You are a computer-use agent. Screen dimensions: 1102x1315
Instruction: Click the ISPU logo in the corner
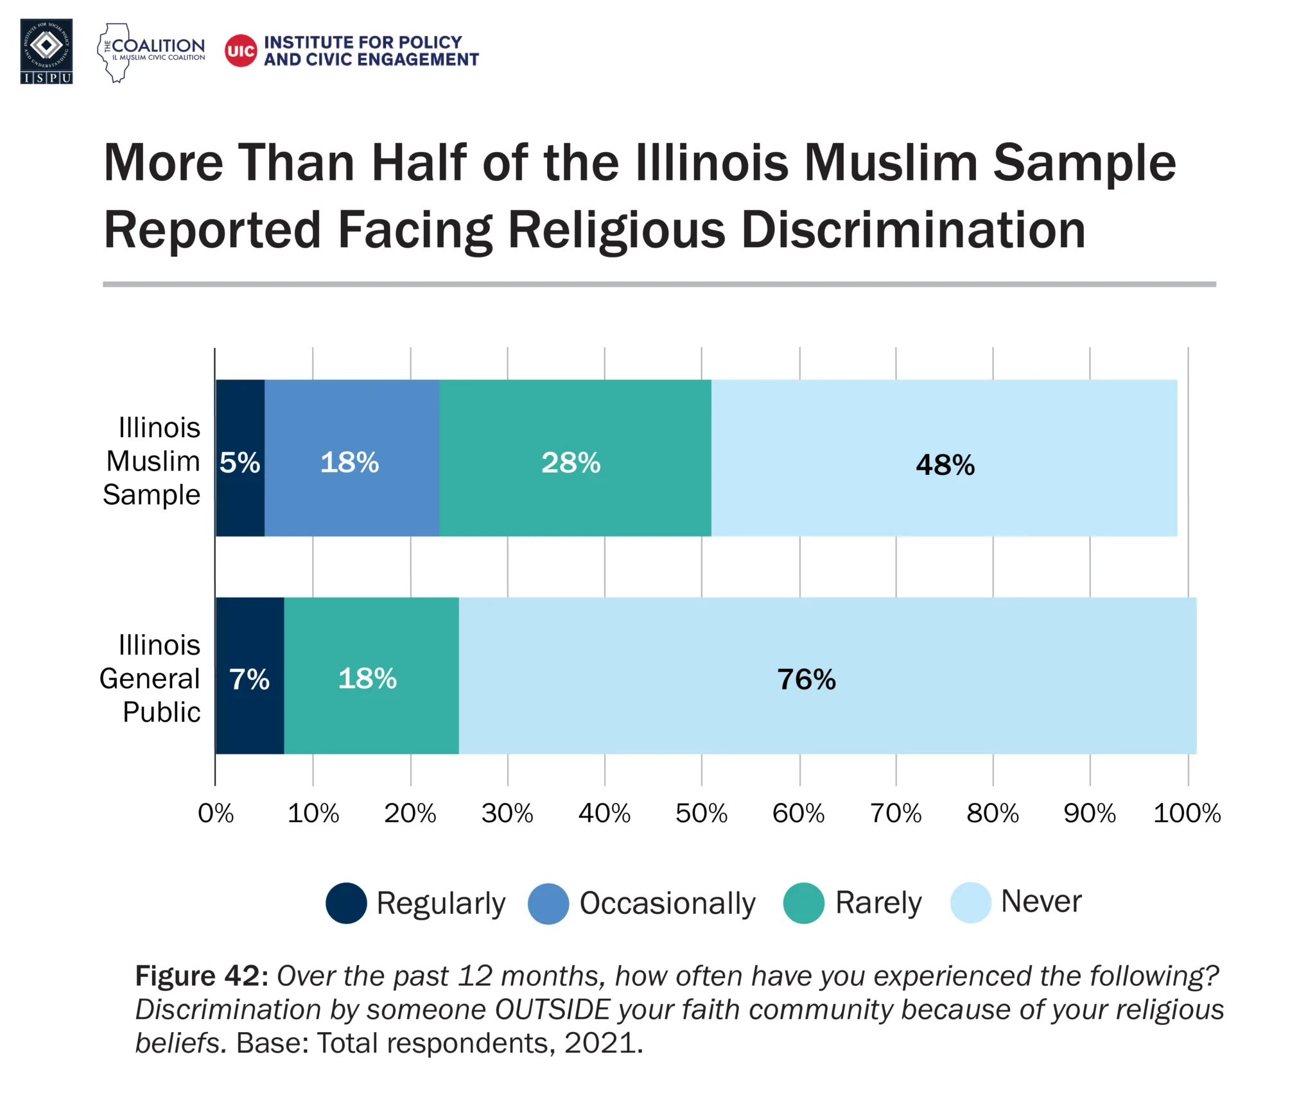coord(46,51)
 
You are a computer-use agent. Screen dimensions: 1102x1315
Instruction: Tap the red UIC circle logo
coord(241,51)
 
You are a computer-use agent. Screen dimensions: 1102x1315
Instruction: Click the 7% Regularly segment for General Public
coord(249,676)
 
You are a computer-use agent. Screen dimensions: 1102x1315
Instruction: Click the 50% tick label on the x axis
coord(701,814)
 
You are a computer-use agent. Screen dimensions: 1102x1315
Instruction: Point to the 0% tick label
coord(216,814)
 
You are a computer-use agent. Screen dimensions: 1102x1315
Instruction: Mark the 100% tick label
coord(1187,814)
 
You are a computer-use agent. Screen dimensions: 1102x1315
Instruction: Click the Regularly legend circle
coord(346,903)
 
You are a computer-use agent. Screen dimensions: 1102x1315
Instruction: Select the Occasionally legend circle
coord(548,904)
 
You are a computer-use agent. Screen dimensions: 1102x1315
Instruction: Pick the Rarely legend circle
coord(803,903)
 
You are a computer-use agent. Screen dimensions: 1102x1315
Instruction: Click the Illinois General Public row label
coord(151,678)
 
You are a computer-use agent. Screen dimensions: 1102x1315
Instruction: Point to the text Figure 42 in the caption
coord(201,976)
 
